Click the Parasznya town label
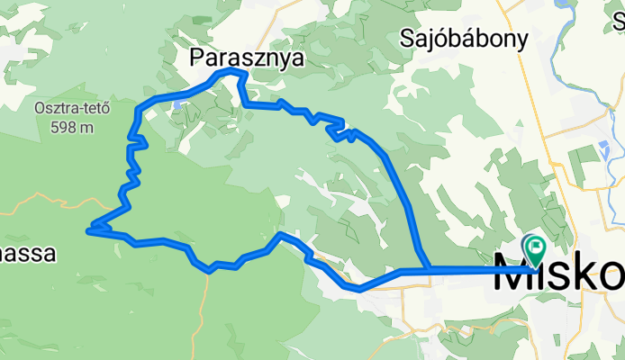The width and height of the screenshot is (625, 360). (247, 58)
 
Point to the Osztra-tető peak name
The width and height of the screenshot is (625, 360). (71, 110)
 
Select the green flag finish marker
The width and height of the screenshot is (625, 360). (535, 246)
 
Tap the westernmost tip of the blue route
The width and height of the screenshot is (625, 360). (88, 231)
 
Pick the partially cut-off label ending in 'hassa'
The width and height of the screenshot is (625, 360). (27, 253)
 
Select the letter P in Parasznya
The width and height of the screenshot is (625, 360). (197, 58)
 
